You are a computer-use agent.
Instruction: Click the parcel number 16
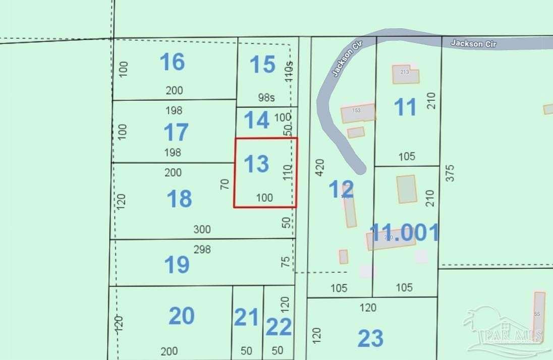pyautogui.click(x=172, y=63)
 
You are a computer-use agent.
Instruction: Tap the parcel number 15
pyautogui.click(x=262, y=65)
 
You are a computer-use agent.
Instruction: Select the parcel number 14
pyautogui.click(x=256, y=121)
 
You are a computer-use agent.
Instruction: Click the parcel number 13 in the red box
pyautogui.click(x=256, y=164)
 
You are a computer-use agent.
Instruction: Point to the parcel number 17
pyautogui.click(x=176, y=133)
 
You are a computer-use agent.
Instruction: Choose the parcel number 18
pyautogui.click(x=179, y=199)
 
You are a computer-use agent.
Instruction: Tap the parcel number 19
pyautogui.click(x=177, y=264)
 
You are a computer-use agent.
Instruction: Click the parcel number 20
pyautogui.click(x=181, y=316)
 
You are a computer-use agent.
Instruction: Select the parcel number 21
pyautogui.click(x=246, y=318)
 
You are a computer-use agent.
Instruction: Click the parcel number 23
pyautogui.click(x=371, y=338)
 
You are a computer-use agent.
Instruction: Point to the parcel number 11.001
pyautogui.click(x=404, y=233)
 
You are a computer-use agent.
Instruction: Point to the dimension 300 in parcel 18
pyautogui.click(x=202, y=230)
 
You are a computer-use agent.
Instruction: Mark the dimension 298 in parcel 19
pyautogui.click(x=202, y=249)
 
